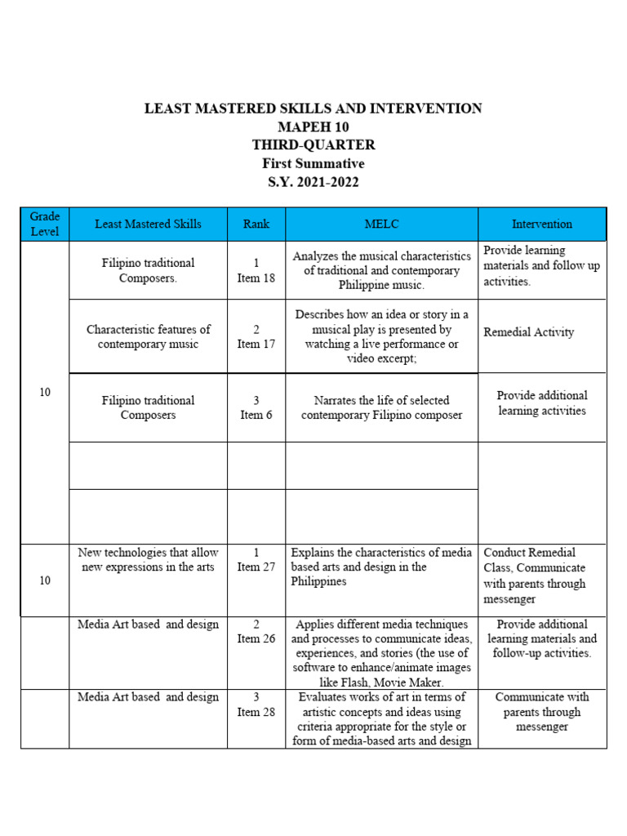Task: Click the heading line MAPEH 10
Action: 313,127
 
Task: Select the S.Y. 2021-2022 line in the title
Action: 313,182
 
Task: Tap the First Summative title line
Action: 313,163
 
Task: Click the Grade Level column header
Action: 45,224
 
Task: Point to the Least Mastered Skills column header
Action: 148,224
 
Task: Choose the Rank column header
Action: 256,224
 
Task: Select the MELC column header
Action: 381,224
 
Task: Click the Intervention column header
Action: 541,224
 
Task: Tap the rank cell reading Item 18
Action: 256,270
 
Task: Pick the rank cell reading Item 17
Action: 256,336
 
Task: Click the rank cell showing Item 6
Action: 256,407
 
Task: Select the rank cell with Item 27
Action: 256,560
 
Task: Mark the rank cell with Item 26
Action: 256,632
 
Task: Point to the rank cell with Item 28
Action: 256,705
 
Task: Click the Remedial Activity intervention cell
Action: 528,332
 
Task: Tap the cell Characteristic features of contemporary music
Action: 148,336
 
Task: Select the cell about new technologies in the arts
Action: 148,560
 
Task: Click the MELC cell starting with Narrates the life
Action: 381,407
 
